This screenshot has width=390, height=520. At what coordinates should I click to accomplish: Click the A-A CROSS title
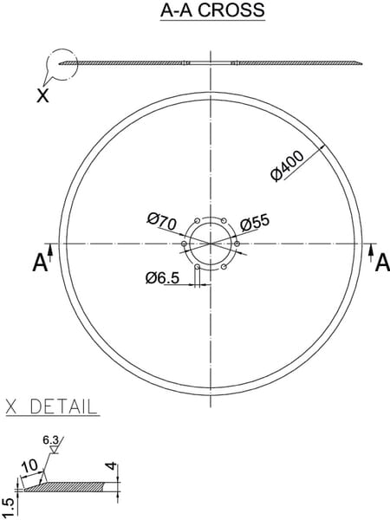212,10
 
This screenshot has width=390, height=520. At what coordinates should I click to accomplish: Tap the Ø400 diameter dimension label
287,166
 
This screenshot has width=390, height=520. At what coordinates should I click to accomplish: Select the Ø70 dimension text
162,223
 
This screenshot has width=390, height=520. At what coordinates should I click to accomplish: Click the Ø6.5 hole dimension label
163,277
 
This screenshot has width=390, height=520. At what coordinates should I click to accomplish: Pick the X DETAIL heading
52,406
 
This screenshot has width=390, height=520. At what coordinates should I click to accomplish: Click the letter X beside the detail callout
42,96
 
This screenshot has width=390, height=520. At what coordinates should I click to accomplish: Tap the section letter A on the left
40,263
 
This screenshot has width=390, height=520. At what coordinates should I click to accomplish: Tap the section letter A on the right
382,263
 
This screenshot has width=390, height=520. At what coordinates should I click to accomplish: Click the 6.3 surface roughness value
51,440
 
